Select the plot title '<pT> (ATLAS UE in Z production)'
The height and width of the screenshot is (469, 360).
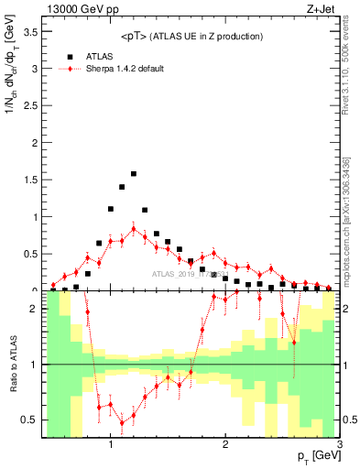(191, 37)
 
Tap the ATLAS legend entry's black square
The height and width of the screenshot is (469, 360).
(70, 56)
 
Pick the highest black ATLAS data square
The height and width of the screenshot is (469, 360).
(134, 173)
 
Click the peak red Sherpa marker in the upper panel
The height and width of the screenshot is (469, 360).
(134, 229)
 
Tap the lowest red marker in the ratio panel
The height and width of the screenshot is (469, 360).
(122, 422)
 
